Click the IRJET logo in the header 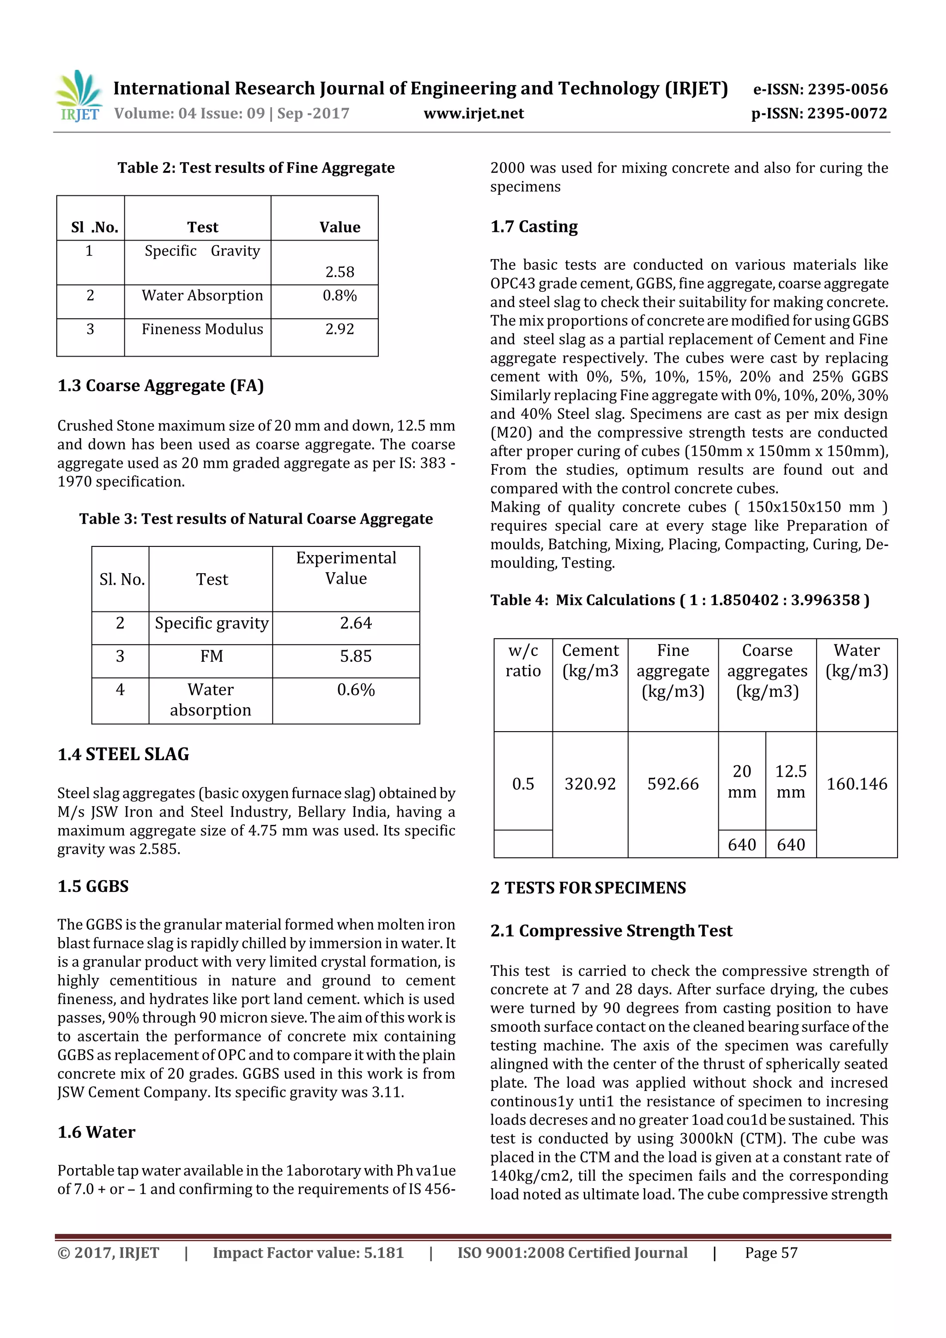click(x=78, y=96)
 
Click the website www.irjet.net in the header click(x=473, y=114)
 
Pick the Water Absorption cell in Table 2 click(x=202, y=296)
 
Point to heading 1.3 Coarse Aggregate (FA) click(x=160, y=386)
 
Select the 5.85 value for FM click(x=356, y=656)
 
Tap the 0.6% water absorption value click(x=356, y=690)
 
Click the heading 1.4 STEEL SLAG click(x=123, y=755)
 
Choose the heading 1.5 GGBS click(x=93, y=886)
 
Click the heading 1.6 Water click(x=96, y=1132)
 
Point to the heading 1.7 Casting click(x=534, y=227)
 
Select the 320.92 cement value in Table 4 click(x=590, y=784)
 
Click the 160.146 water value click(x=856, y=784)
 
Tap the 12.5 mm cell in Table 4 click(x=790, y=781)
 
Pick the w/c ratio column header click(x=523, y=661)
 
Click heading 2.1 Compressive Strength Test click(x=611, y=931)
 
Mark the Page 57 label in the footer click(x=770, y=1253)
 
